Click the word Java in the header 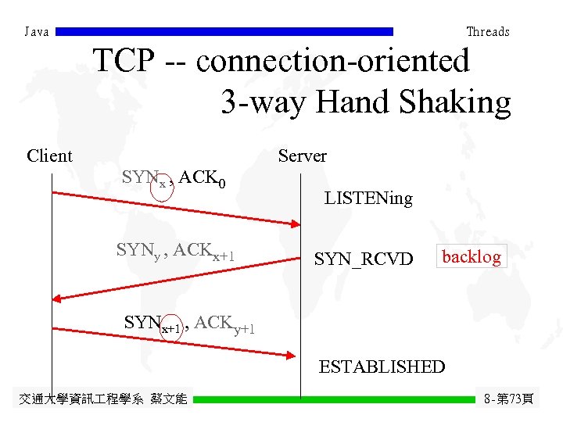point(37,32)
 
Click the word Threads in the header point(487,32)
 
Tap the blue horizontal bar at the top point(224,32)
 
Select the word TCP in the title point(124,61)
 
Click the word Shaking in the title point(461,102)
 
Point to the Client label point(49,156)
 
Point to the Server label point(303,156)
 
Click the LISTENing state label point(368,198)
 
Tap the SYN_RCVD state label point(363,258)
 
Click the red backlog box point(472,256)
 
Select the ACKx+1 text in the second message point(204,252)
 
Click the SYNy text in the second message point(138,251)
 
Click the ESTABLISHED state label point(382,367)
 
